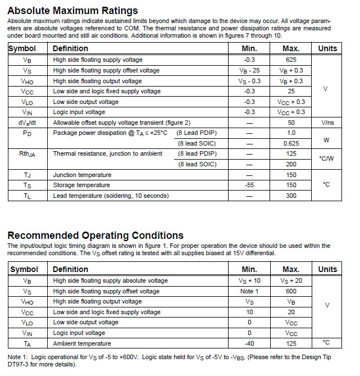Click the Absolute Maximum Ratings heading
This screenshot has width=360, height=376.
point(72,11)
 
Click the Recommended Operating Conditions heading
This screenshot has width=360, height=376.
point(95,235)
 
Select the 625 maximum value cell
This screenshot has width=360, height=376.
point(291,60)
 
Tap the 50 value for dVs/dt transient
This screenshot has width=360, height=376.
point(291,123)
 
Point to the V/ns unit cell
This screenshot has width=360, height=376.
point(327,123)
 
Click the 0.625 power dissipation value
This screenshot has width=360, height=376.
point(291,143)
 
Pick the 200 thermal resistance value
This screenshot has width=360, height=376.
point(291,164)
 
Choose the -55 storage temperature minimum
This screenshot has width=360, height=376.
point(250,185)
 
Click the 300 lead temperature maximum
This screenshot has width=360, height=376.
point(291,196)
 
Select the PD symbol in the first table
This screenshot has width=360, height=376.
point(28,133)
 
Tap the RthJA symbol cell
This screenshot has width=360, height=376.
point(28,154)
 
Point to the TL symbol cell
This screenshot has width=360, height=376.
point(28,196)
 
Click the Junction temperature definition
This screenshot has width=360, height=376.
point(82,175)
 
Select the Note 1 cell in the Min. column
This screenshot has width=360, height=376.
point(250,291)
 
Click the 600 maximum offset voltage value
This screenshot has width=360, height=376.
point(291,291)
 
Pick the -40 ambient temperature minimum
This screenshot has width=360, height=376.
point(250,343)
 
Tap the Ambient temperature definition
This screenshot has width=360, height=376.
point(82,343)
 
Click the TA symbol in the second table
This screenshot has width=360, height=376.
point(28,343)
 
